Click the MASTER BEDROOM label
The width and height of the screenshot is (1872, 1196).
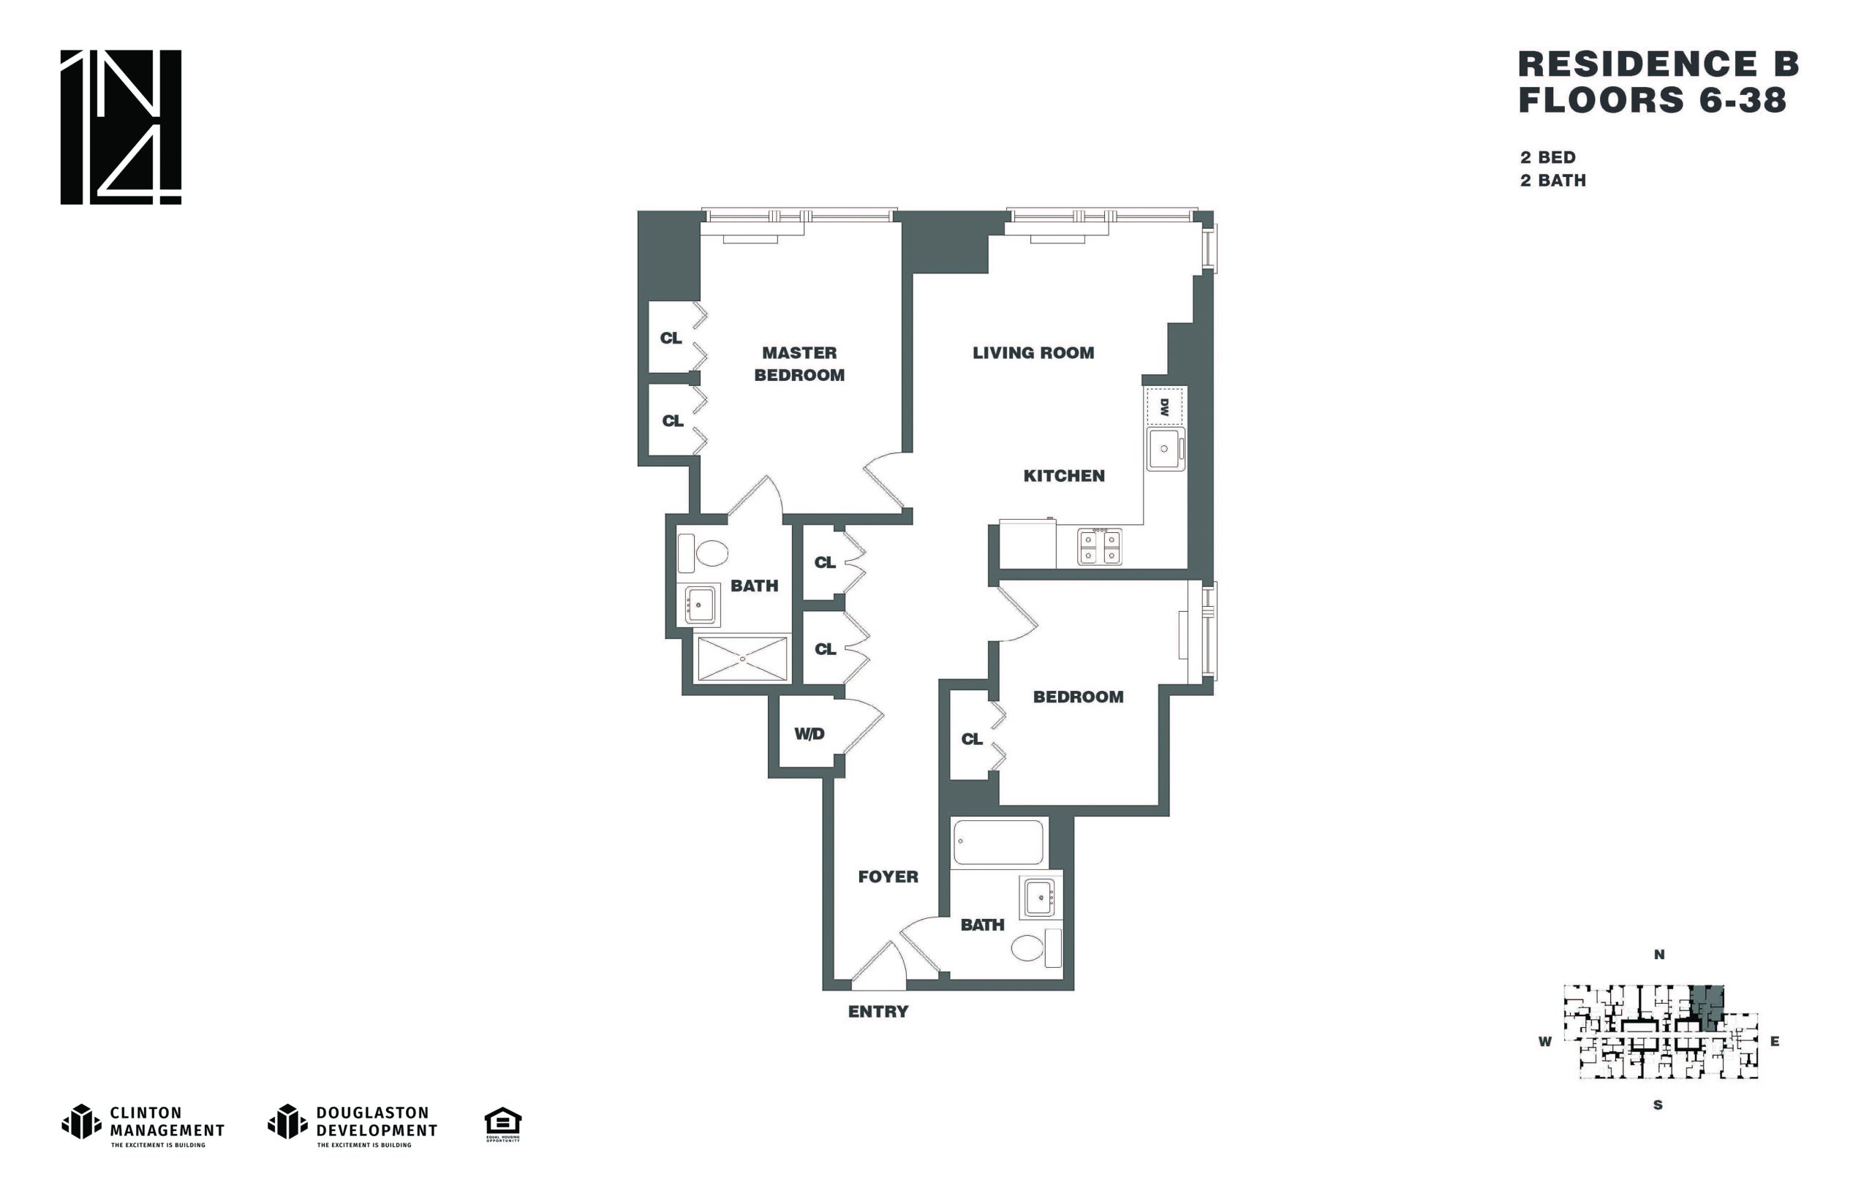point(799,363)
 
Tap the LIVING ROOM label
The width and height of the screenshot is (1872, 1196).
point(1033,353)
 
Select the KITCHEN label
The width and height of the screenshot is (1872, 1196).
point(1063,476)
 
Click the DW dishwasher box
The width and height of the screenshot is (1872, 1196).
point(1165,406)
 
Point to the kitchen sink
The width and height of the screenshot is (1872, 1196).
point(1166,449)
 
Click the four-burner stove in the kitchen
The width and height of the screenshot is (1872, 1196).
point(1099,545)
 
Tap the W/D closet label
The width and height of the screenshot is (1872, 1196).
point(809,733)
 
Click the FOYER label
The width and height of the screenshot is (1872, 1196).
point(888,877)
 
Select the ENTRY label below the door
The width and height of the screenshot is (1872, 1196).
point(877,1011)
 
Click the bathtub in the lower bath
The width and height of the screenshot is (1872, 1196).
point(999,842)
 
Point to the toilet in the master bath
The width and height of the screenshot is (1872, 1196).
point(703,553)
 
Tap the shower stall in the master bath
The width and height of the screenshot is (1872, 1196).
point(742,659)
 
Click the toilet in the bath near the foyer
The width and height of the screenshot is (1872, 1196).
point(1036,948)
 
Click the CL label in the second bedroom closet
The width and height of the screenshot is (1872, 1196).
point(972,739)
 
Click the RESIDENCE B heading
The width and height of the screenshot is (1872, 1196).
point(1659,64)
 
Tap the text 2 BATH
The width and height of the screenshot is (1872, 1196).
point(1553,181)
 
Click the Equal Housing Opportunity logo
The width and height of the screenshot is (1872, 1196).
point(503,1124)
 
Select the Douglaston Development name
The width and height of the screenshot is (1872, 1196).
point(377,1121)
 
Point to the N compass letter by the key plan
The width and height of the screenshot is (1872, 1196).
point(1659,955)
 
